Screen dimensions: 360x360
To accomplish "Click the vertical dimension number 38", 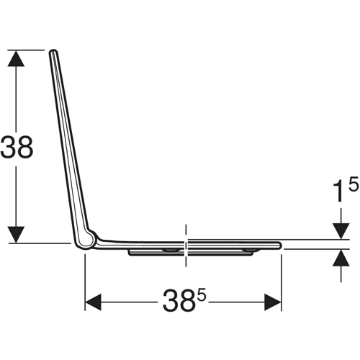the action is click(17, 147).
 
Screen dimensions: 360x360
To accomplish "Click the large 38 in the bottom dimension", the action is click(178, 300).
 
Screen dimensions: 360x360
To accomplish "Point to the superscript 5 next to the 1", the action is click(354, 184).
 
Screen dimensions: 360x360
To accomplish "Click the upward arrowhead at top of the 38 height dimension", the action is click(16, 58).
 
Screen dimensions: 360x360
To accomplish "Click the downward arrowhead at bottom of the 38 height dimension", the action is click(16, 235).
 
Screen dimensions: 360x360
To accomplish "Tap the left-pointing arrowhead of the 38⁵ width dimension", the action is click(93, 302).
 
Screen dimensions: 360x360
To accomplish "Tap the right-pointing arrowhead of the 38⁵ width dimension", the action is click(273, 302).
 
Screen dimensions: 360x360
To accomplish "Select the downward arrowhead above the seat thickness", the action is click(341, 231).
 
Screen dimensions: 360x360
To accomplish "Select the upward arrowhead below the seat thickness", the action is click(341, 258).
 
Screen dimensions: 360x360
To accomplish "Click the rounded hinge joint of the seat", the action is click(86, 240).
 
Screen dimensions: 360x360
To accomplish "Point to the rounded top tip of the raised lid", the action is click(53, 51).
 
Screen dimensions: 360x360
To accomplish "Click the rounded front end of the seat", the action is click(279, 245).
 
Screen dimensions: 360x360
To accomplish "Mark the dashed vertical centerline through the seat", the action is click(186, 246).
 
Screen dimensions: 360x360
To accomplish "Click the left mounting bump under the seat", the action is click(171, 251).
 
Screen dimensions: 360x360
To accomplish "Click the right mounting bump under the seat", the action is click(248, 251).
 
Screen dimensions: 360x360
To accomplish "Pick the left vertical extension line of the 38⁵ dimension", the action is click(85, 282).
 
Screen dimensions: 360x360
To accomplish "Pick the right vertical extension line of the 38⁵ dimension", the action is click(282, 282).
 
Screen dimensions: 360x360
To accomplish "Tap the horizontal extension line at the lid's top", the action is click(26, 50).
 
